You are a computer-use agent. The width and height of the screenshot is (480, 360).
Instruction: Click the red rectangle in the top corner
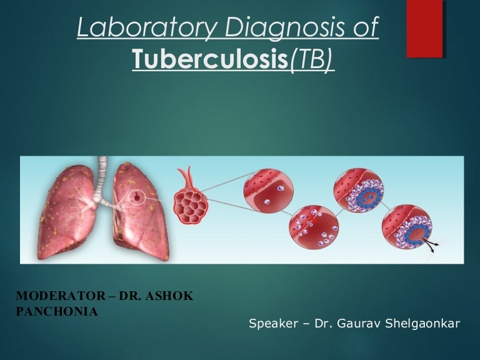point(425,29)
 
